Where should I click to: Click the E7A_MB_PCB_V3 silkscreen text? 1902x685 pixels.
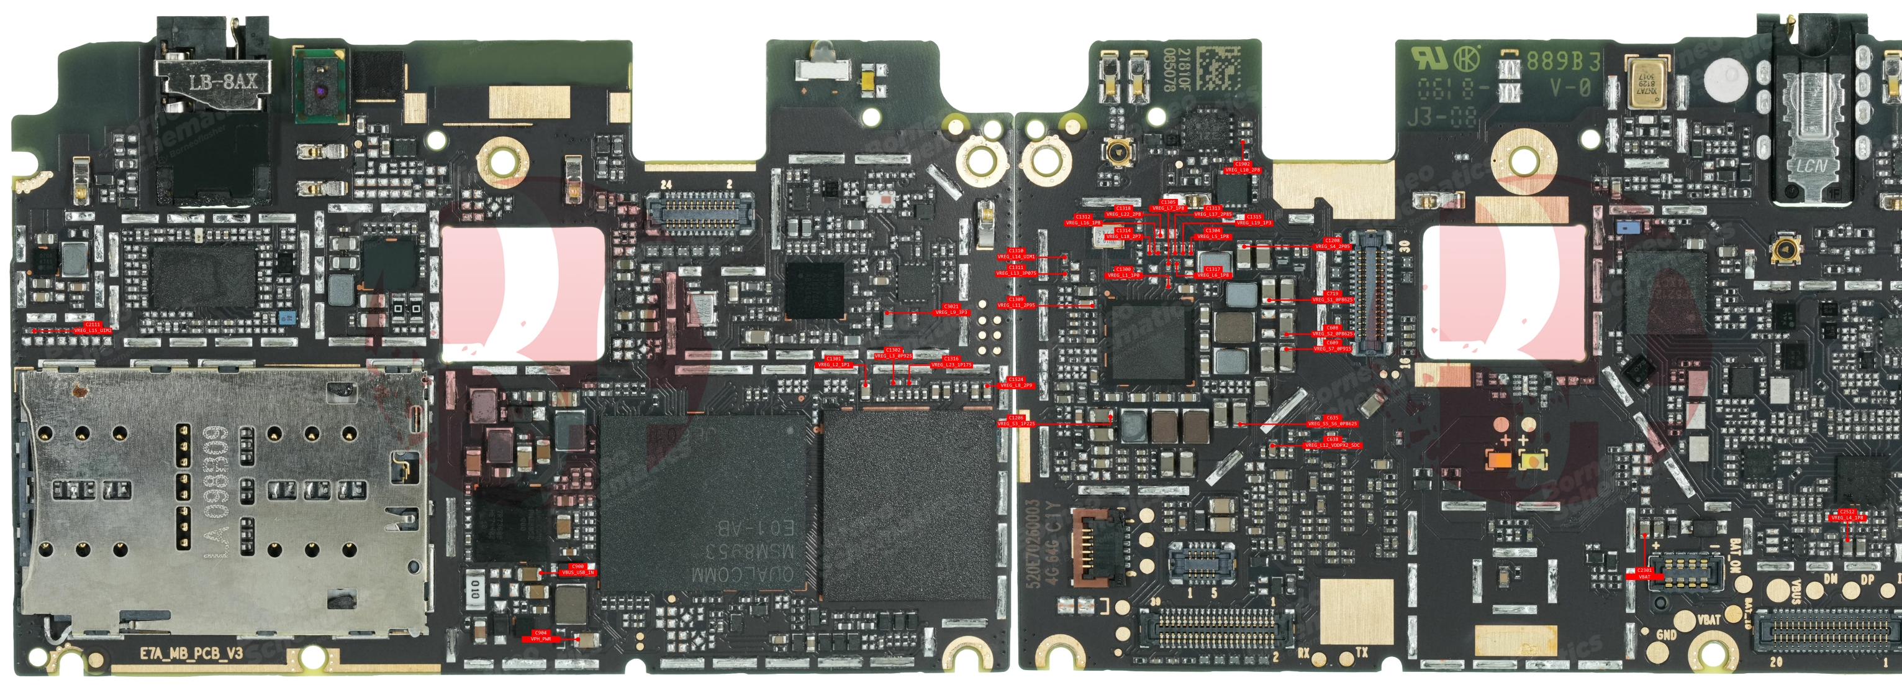191,653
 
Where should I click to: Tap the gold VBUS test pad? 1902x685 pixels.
1778,591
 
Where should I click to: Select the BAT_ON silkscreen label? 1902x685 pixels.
1735,556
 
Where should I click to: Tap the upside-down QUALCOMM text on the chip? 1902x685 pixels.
742,574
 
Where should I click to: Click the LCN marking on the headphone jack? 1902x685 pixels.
1811,165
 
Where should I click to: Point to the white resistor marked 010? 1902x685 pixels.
476,589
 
